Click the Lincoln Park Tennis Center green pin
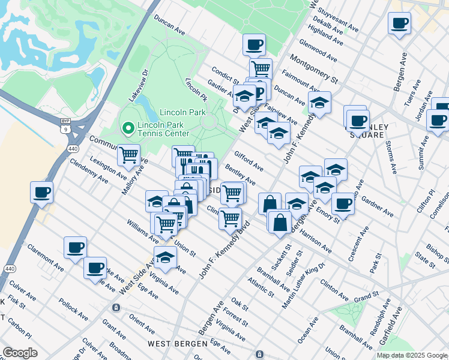pos(127,128)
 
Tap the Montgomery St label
pos(313,68)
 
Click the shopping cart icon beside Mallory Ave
pos(129,156)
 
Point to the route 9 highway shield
pos(65,127)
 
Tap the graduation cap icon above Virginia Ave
pos(165,257)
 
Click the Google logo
pos(20,352)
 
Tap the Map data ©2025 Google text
pos(411,355)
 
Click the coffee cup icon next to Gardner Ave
pos(342,203)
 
